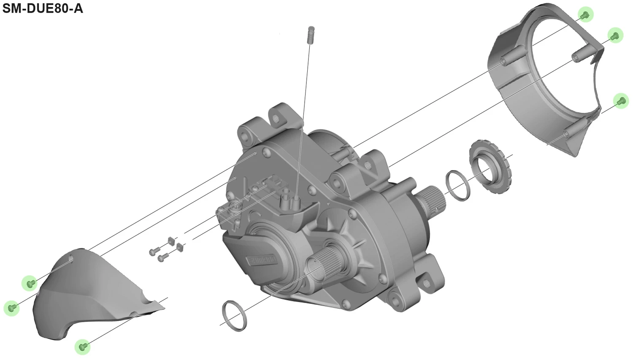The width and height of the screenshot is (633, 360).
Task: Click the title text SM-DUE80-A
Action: (x=43, y=8)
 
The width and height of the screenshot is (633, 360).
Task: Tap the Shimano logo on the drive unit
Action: (x=261, y=260)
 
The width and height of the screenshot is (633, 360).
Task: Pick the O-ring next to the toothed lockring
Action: (x=457, y=185)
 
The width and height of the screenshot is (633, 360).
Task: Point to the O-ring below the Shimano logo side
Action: (x=235, y=316)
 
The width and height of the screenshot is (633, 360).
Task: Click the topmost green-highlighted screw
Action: (x=585, y=15)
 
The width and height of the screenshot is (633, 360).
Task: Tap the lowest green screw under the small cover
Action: (x=83, y=346)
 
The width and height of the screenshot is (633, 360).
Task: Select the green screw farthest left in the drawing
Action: (x=12, y=308)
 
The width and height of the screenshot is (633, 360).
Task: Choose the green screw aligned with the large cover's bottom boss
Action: (x=621, y=101)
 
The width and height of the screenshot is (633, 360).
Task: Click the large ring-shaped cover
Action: (x=544, y=76)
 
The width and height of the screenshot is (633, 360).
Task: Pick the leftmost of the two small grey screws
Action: (x=153, y=252)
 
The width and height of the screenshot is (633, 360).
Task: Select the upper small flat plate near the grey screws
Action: (x=171, y=240)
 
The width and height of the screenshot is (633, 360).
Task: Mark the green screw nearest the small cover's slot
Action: (x=30, y=283)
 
